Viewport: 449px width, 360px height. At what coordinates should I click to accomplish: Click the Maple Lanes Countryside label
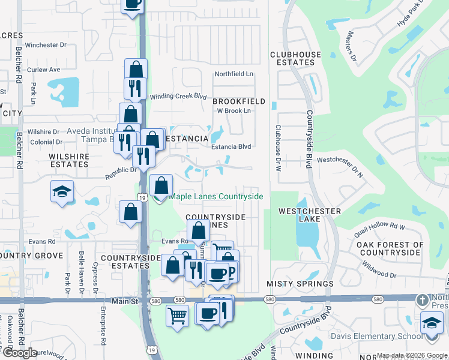pyautogui.click(x=216, y=197)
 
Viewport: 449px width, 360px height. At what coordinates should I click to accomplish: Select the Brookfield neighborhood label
pyautogui.click(x=239, y=102)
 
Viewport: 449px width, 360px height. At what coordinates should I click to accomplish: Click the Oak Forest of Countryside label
pyautogui.click(x=390, y=249)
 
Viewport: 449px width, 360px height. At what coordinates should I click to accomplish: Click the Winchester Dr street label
pyautogui.click(x=46, y=45)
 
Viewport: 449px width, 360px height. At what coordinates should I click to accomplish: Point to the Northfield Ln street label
pyautogui.click(x=235, y=74)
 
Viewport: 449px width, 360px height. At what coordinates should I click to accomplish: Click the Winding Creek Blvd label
pyautogui.click(x=178, y=96)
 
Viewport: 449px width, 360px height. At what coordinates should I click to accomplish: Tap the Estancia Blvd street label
pyautogui.click(x=230, y=146)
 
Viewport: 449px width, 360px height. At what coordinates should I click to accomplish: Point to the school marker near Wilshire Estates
pyautogui.click(x=62, y=192)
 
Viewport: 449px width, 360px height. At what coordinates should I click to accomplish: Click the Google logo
pyautogui.click(x=19, y=353)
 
